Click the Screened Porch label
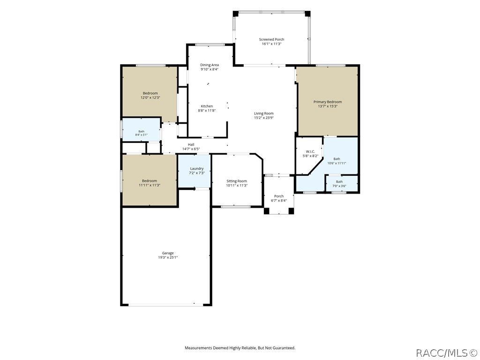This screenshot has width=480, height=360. click(271, 39)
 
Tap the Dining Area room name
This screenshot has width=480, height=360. click(210, 65)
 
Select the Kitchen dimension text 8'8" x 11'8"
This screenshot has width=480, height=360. click(207, 111)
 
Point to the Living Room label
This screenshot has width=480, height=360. click(263, 113)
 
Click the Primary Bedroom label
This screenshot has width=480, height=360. click(328, 102)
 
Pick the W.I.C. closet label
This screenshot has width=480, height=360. click(310, 151)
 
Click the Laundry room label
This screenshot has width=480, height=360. click(196, 169)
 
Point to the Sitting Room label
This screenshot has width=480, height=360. click(237, 181)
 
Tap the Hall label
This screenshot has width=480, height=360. click(191, 145)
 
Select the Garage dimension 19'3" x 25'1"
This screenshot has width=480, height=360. click(168, 257)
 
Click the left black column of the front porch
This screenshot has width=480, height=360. click(267, 211)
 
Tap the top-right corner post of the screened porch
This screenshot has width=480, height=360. click(307, 14)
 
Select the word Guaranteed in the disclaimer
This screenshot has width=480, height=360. click(284, 348)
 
